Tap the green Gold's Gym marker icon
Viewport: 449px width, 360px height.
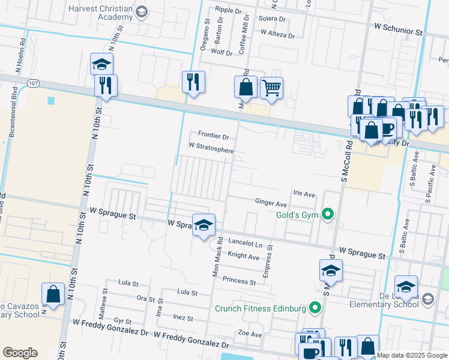pos(327,214)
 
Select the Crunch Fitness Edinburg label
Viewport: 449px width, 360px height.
pos(261,309)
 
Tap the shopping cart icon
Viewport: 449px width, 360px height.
pos(272,88)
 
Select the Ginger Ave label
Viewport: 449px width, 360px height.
pos(271,203)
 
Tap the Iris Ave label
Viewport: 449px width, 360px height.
pos(304,194)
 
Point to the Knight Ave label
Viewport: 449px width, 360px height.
pos(243,256)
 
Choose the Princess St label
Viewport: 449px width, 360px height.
pos(239,280)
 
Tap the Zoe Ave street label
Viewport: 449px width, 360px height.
pos(250,334)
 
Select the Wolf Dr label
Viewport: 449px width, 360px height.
pos(221,53)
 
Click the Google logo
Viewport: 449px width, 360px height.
pos(20,353)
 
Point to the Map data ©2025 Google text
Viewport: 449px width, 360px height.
pos(412,355)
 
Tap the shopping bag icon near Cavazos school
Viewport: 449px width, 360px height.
pos(53,295)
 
